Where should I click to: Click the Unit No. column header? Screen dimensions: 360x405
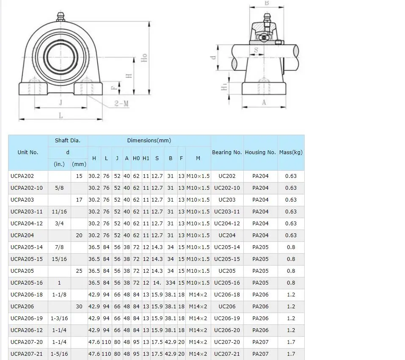click(x=28, y=152)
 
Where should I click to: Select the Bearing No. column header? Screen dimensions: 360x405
click(x=227, y=152)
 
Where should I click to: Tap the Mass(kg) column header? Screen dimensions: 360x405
click(x=291, y=152)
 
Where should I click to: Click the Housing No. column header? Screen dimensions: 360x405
click(x=260, y=152)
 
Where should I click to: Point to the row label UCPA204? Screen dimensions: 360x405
click(x=22, y=235)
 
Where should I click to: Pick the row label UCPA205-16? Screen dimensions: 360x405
click(x=26, y=283)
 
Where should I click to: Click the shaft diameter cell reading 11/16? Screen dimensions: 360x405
click(x=59, y=212)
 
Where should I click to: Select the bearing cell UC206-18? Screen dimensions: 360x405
click(x=227, y=295)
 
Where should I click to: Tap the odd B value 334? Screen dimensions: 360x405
click(x=171, y=283)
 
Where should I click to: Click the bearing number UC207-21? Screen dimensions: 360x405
click(x=227, y=354)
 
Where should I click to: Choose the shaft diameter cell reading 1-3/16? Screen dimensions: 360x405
click(x=59, y=318)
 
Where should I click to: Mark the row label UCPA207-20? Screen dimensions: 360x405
click(x=26, y=342)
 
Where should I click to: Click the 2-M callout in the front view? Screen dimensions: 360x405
click(x=121, y=103)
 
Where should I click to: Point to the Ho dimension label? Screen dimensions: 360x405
click(x=144, y=58)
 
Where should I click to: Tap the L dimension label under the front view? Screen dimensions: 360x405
click(x=61, y=115)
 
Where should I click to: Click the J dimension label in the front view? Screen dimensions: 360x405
click(x=60, y=102)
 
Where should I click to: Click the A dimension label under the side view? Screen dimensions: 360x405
click(x=264, y=102)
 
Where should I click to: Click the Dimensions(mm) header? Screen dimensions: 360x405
click(x=149, y=141)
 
